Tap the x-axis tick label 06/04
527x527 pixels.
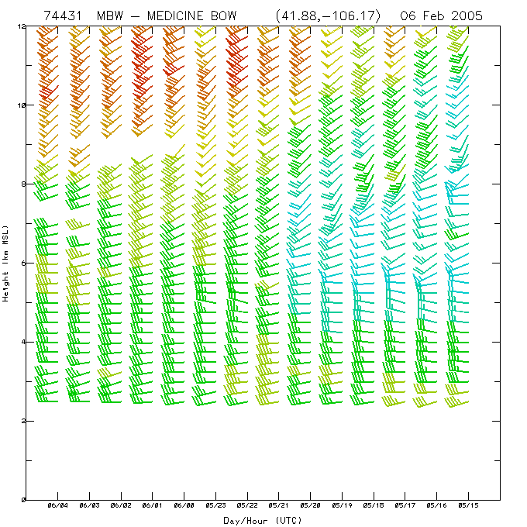(x=58, y=507)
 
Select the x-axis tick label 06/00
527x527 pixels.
(x=184, y=507)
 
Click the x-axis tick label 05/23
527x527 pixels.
(x=216, y=507)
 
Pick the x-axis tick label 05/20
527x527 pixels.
(x=311, y=507)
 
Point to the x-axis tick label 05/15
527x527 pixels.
(x=468, y=507)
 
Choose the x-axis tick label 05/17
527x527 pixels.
(x=405, y=507)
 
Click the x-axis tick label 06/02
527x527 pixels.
(x=121, y=507)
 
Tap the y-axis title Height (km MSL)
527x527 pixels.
(x=6, y=262)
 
